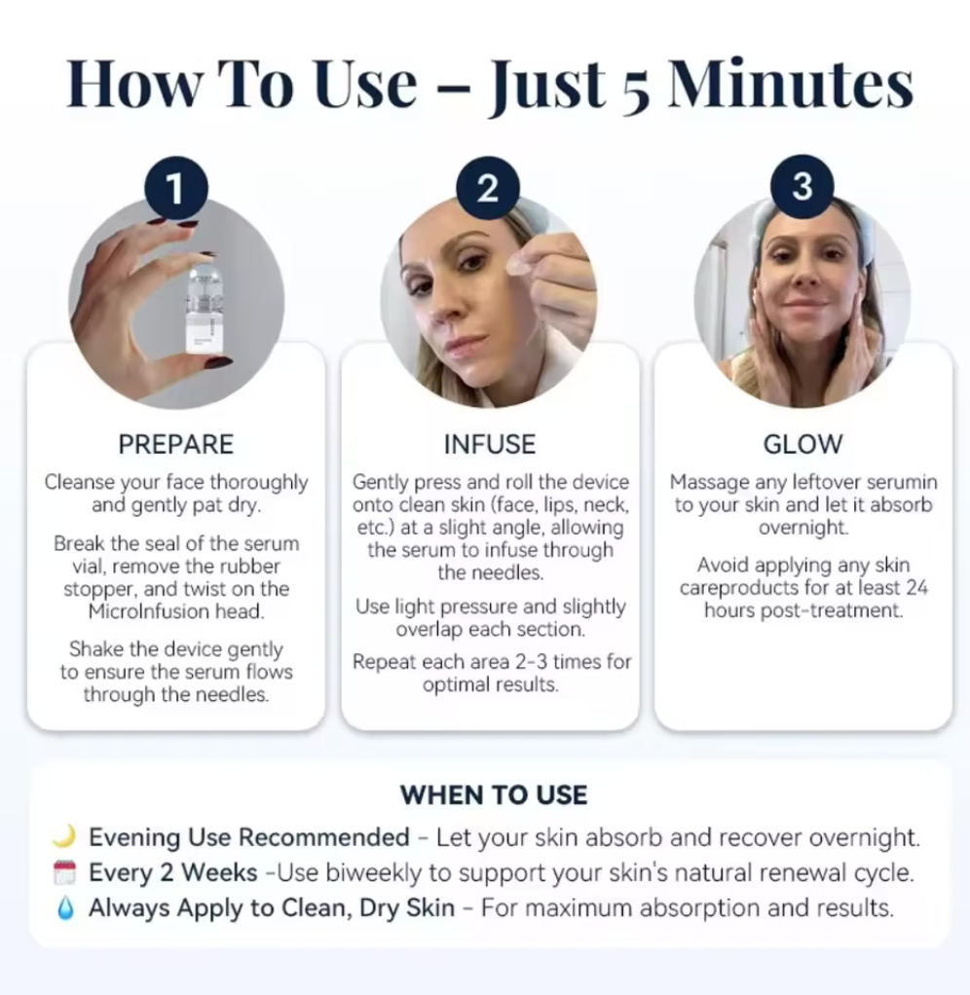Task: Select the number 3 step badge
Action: (x=802, y=187)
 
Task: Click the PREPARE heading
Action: (x=176, y=444)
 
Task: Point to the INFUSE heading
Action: (x=489, y=444)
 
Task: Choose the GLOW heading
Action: (x=802, y=444)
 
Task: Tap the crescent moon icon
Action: (x=64, y=836)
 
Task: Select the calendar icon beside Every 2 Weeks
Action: (x=64, y=872)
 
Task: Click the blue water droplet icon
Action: (x=65, y=908)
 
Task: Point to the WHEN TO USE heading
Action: (x=493, y=794)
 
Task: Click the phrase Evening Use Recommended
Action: (x=248, y=837)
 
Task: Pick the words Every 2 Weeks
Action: (x=173, y=872)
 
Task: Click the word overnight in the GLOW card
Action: (x=803, y=528)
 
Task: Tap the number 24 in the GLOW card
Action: (x=916, y=588)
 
